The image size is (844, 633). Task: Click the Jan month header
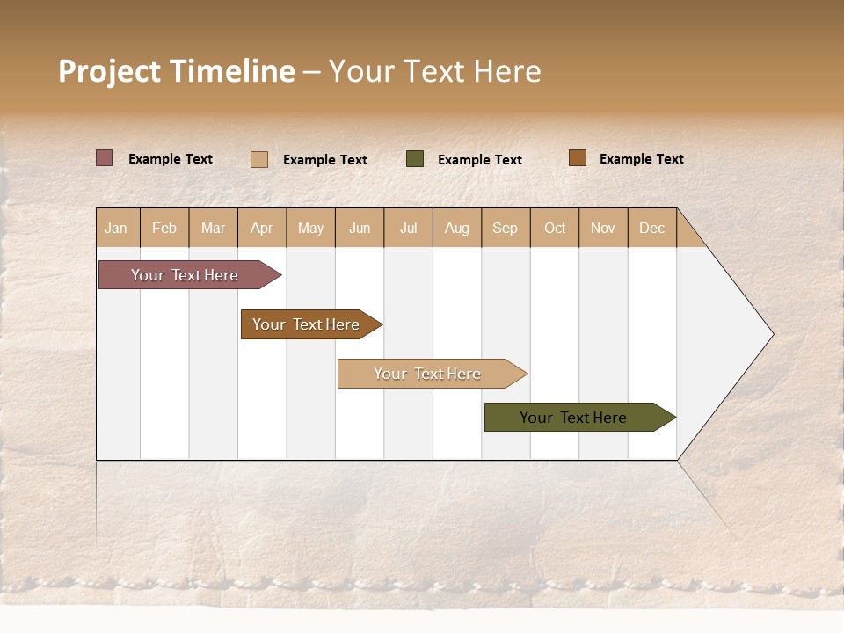coord(116,228)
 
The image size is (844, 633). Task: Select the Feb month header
coord(164,228)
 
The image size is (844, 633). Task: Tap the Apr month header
coord(261,228)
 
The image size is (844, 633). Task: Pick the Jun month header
coord(360,228)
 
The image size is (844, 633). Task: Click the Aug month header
coord(456,228)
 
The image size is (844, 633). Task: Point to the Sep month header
coord(505,228)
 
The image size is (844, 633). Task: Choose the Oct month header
coord(555,228)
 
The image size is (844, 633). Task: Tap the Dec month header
coord(651,228)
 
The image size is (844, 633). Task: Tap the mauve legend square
coord(105,158)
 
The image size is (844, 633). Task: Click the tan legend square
coord(259,159)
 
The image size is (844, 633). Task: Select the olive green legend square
coord(415,159)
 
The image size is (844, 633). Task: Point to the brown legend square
coord(577,158)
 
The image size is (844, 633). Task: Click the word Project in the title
coord(110,71)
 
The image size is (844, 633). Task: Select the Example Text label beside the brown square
coord(641,159)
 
